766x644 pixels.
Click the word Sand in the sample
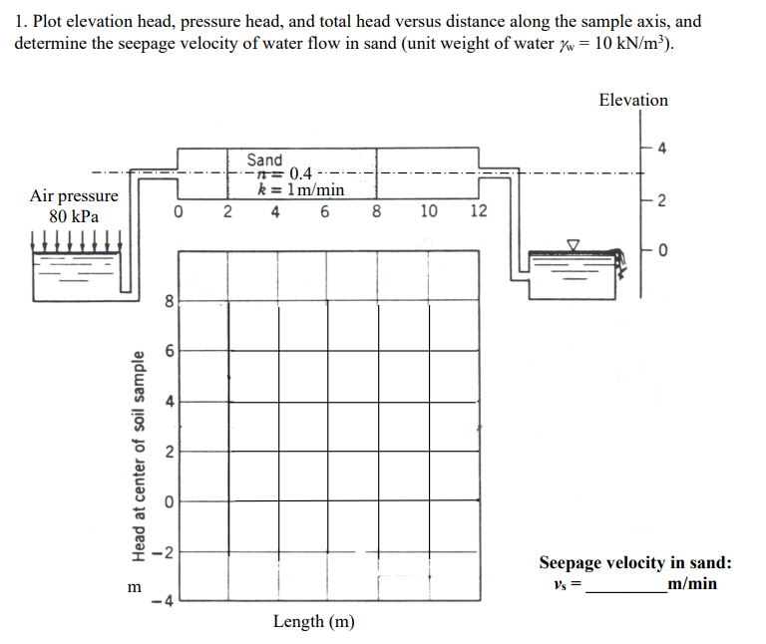[x=264, y=160]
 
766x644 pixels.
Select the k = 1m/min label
[x=301, y=189]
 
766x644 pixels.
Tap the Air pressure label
[x=74, y=196]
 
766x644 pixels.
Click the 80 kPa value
[x=74, y=216]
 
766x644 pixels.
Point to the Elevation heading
[x=633, y=100]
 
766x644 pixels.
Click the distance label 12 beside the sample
[x=478, y=211]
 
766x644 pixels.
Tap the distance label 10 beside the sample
[x=428, y=211]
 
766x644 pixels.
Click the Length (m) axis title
[x=313, y=622]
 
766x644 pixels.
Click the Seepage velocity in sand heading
[x=635, y=563]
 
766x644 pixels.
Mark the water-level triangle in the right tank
[x=574, y=244]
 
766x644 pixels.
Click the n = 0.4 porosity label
[x=290, y=174]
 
